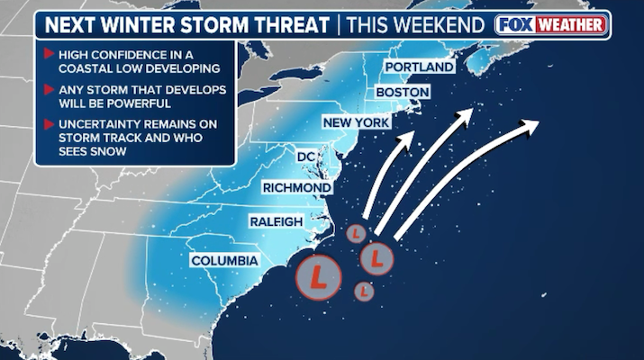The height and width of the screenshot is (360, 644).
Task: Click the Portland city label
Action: point(419,67)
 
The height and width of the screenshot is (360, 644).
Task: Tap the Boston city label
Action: point(402,93)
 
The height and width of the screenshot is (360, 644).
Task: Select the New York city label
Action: point(356,122)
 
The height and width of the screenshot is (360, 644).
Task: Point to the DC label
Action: point(306,157)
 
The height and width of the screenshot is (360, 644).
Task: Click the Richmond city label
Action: point(297,187)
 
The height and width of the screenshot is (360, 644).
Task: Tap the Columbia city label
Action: point(224,261)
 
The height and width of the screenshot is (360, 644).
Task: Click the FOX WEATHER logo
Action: point(551,25)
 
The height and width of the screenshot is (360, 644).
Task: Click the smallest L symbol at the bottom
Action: point(364,292)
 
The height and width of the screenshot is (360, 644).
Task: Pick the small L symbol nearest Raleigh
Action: point(356,234)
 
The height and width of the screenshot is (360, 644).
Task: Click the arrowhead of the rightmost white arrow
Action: point(533,123)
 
